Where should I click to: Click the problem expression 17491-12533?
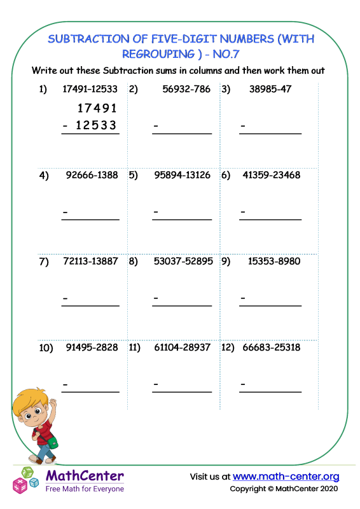pyautogui.click(x=90, y=89)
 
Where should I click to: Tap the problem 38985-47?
pyautogui.click(x=267, y=89)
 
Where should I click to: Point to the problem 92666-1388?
pyautogui.click(x=92, y=176)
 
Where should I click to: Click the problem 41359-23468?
pyautogui.click(x=272, y=176)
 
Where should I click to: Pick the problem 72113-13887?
pyautogui.click(x=91, y=261)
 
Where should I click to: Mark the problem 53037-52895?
pyautogui.click(x=183, y=261)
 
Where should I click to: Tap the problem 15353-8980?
pyautogui.click(x=272, y=261)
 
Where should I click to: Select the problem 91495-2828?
pyautogui.click(x=92, y=348)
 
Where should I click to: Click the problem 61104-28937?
pyautogui.click(x=183, y=348)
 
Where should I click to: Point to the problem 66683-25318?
pyautogui.click(x=272, y=348)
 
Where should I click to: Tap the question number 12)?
pyautogui.click(x=228, y=348)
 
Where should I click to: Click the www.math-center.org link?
pyautogui.click(x=286, y=477)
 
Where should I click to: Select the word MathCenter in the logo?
pyautogui.click(x=85, y=475)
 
